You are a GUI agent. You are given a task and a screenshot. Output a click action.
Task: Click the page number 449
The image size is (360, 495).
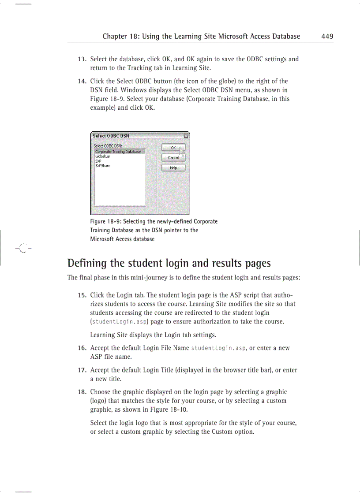click(x=327, y=37)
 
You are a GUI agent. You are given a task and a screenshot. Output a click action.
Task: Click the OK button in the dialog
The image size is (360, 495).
click(x=173, y=148)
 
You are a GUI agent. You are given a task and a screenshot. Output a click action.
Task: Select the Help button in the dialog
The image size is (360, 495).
click(x=173, y=167)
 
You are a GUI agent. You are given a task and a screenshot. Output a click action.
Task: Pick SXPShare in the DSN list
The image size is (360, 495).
click(x=103, y=166)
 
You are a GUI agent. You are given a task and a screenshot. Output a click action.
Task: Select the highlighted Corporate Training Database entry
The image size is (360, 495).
click(x=118, y=151)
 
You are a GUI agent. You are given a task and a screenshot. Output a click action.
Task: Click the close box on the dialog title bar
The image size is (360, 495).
click(x=186, y=136)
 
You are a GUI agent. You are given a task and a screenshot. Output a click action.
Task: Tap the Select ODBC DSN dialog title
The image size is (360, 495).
click(x=111, y=136)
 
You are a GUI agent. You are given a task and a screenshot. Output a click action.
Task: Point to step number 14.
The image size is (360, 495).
click(x=82, y=82)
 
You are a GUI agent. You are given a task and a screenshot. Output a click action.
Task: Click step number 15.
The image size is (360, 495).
click(x=82, y=295)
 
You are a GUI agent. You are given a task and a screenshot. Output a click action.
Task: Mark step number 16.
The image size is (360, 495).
click(x=82, y=348)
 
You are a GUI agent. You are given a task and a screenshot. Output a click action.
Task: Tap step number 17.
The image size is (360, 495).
click(x=82, y=370)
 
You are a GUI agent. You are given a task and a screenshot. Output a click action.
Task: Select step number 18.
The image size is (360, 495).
click(x=82, y=392)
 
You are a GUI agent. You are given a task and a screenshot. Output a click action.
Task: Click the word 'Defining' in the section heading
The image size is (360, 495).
click(x=87, y=264)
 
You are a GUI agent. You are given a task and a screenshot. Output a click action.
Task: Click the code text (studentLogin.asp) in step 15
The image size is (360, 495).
click(x=119, y=322)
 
